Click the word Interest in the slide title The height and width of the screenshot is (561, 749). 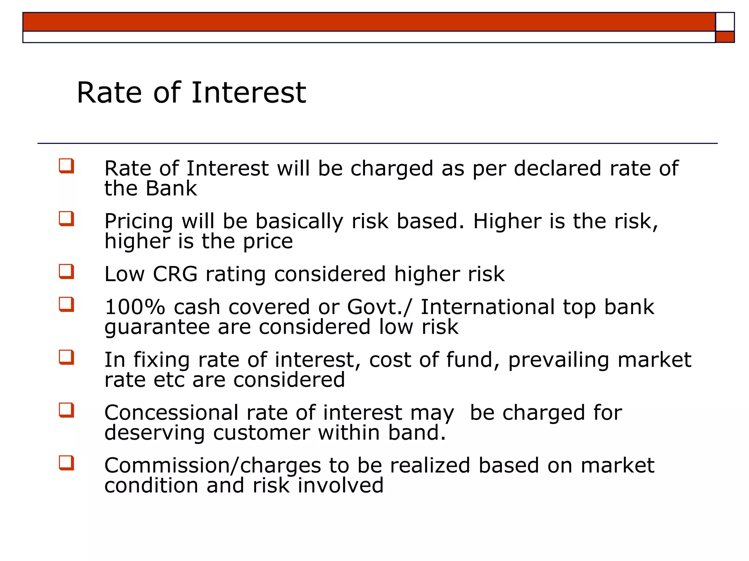coord(248,93)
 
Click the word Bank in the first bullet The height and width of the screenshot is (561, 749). coord(171,188)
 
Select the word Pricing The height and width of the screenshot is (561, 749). coord(139,222)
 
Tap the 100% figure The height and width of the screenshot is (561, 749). coord(135,307)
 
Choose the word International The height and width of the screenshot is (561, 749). coord(488,307)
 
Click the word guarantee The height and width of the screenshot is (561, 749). coord(157,327)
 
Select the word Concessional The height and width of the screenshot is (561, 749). coord(172,413)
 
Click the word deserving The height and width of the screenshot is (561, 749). coord(154,433)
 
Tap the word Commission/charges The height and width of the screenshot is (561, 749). coord(212,466)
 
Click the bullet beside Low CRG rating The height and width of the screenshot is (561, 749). coord(67,272)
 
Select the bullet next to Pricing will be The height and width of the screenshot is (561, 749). coord(67,219)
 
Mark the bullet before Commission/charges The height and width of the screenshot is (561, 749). coord(67,463)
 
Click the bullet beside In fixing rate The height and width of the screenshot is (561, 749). coord(67,358)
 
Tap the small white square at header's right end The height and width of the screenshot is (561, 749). coord(725,22)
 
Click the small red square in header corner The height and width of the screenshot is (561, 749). coord(725,37)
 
